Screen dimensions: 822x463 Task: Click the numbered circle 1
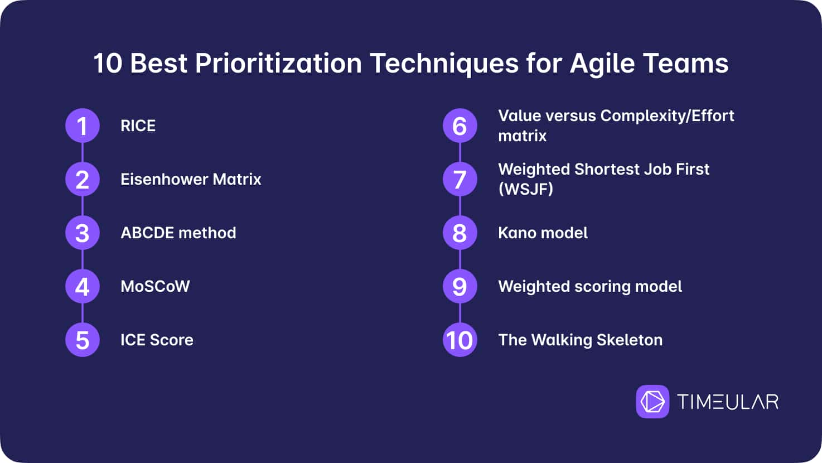click(x=83, y=126)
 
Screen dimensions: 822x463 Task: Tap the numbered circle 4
click(x=83, y=286)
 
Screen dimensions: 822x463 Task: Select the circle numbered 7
click(x=460, y=179)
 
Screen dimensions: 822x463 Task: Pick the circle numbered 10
click(x=460, y=340)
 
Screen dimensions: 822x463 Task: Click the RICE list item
click(x=138, y=126)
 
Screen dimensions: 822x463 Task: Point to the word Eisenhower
click(x=163, y=180)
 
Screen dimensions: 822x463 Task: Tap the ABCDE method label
click(x=178, y=233)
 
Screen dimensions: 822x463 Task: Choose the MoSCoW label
click(x=155, y=287)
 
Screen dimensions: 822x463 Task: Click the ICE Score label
click(x=157, y=340)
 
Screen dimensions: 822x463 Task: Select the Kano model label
click(x=543, y=233)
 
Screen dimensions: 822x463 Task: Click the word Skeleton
click(x=630, y=340)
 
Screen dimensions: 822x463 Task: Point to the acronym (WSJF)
click(x=525, y=190)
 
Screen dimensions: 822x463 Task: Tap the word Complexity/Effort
click(x=668, y=116)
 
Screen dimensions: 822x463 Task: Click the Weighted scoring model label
click(x=590, y=287)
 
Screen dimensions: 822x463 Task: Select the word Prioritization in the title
click(x=278, y=64)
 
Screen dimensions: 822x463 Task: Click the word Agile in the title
click(x=602, y=64)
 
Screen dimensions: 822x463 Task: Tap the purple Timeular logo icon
click(x=652, y=402)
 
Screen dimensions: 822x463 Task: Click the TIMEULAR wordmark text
click(x=728, y=402)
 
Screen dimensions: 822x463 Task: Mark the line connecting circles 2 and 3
click(x=83, y=206)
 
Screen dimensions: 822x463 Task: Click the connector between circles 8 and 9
click(x=460, y=259)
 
